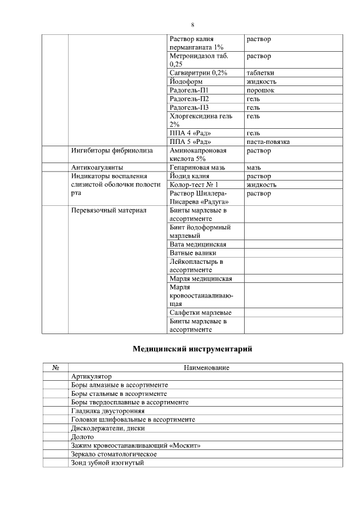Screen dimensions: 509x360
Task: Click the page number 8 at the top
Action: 192,25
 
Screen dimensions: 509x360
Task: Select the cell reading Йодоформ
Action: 186,82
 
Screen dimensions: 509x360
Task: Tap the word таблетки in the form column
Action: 260,73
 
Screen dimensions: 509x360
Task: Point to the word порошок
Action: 260,90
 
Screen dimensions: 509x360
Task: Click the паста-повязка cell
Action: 268,142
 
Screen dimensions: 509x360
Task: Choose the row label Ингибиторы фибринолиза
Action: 109,151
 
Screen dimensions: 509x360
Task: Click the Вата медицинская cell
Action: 197,245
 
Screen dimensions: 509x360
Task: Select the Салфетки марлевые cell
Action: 200,313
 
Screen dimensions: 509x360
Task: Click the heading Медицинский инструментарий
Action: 192,349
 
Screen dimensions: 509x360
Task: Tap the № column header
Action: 56,368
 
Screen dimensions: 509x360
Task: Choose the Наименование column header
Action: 206,368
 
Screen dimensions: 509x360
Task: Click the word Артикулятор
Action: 92,376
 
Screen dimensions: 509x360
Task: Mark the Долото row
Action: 83,436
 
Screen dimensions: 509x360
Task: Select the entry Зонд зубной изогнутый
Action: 108,462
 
